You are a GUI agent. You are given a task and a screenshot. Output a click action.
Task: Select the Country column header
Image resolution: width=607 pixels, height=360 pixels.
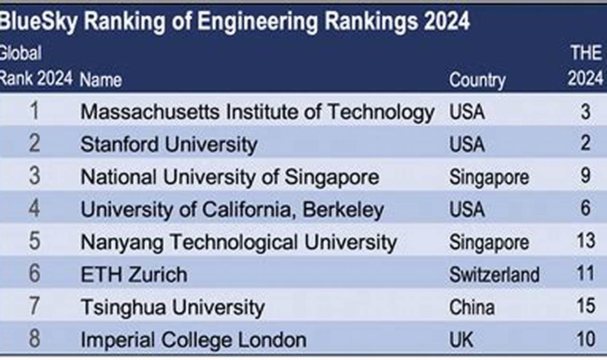coord(477,80)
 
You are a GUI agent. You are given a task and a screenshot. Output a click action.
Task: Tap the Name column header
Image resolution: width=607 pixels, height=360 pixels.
coord(101,80)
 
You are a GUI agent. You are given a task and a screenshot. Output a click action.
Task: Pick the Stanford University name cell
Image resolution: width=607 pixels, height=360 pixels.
coord(169,145)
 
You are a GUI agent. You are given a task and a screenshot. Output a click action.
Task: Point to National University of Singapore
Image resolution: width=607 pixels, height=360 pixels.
coord(230,177)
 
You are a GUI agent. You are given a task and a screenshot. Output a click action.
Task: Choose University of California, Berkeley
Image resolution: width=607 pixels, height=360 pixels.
coord(232,210)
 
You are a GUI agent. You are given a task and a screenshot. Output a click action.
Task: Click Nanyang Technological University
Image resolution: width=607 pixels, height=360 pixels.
coord(239,242)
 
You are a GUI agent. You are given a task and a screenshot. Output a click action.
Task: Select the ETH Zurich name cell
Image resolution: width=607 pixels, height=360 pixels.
coord(134,275)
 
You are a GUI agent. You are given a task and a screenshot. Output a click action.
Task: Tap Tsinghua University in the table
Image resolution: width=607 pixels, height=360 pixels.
coord(173,307)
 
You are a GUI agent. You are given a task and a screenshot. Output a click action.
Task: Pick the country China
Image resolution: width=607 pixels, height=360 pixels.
coord(472,307)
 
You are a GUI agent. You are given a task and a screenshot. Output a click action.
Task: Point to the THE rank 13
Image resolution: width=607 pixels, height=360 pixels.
coord(586,241)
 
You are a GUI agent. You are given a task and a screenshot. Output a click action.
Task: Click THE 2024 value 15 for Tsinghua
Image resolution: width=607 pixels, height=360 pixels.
coord(586,306)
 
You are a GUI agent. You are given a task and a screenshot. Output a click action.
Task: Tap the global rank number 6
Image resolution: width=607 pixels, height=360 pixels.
coord(35,274)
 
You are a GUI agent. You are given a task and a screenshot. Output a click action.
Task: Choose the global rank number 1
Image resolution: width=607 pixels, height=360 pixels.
coord(34,111)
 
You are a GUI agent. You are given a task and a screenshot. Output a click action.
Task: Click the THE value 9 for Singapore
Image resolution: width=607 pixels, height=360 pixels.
coord(586,176)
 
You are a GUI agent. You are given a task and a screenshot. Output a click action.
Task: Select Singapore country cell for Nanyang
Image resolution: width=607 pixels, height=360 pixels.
coord(489,242)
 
